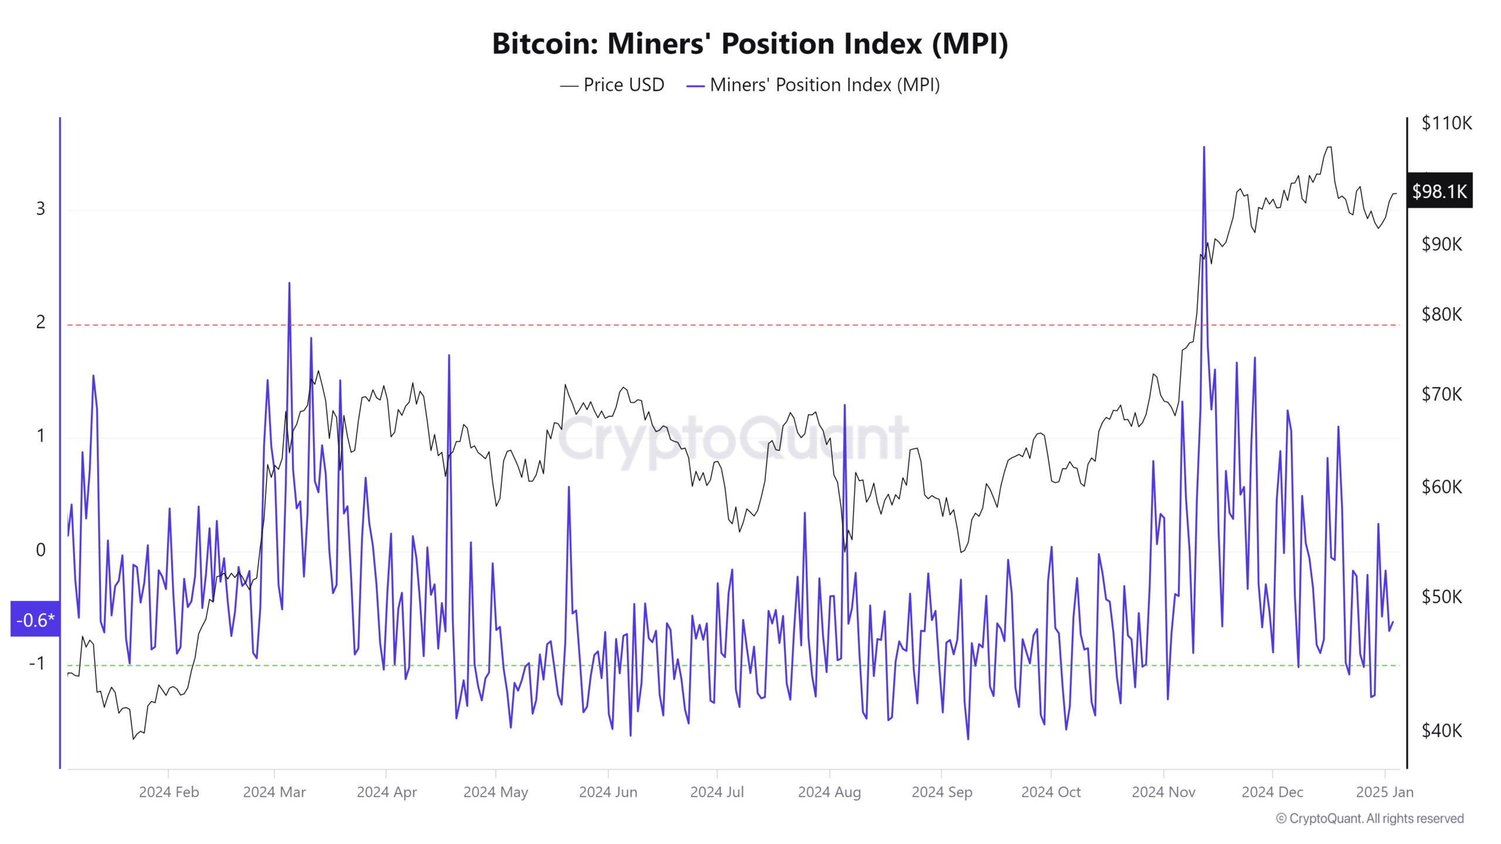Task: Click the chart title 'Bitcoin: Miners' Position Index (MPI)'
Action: [750, 44]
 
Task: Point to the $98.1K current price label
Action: [1439, 191]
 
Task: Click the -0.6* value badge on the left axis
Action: [35, 620]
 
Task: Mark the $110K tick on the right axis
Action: [1446, 123]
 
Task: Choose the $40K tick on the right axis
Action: [1441, 730]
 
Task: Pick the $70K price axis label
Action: [1441, 394]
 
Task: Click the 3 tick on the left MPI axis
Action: [40, 209]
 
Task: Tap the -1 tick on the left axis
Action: [37, 663]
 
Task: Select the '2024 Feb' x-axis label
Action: [169, 792]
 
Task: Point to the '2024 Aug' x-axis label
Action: [829, 792]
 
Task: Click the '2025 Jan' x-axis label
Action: [1384, 792]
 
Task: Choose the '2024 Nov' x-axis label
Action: [1163, 792]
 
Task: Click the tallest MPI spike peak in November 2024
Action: [1204, 148]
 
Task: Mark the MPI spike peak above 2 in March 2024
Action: [289, 284]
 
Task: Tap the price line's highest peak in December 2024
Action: [1329, 147]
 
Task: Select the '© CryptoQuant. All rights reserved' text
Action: [1370, 818]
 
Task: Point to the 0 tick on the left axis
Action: [40, 550]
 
